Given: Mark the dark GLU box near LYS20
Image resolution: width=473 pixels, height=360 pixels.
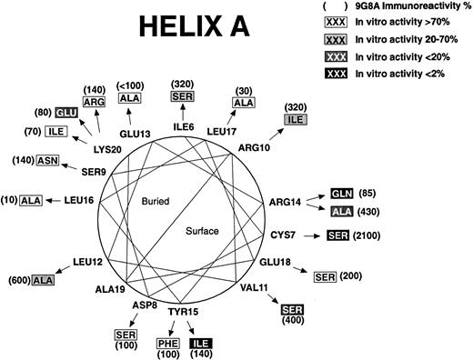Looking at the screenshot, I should pos(65,114).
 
